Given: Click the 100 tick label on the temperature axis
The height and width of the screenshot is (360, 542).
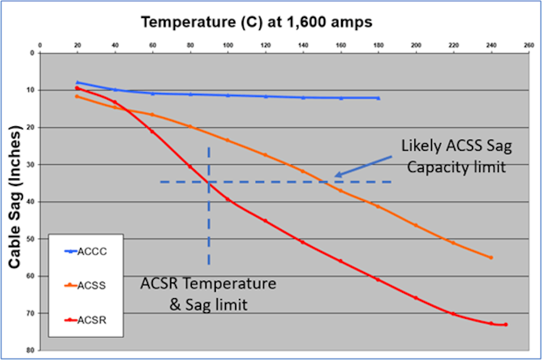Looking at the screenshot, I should pyautogui.click(x=228, y=46).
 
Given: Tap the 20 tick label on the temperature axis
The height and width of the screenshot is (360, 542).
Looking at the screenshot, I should pyautogui.click(x=77, y=46).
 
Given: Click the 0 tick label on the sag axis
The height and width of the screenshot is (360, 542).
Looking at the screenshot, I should pyautogui.click(x=33, y=53).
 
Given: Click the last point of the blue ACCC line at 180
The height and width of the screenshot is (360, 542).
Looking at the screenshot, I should pyautogui.click(x=378, y=98).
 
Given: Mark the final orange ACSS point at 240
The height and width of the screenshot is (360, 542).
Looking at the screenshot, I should pyautogui.click(x=491, y=258).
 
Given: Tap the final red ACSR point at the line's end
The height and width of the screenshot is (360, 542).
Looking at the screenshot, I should pyautogui.click(x=506, y=325).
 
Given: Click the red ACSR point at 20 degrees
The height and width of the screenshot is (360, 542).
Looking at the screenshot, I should pyautogui.click(x=77, y=88).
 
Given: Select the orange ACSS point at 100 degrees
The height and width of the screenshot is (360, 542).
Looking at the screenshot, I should pyautogui.click(x=228, y=140).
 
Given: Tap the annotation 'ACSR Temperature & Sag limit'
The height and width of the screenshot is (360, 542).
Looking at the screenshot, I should pyautogui.click(x=209, y=294).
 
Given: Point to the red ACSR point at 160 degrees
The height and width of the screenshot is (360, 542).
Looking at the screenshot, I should pyautogui.click(x=341, y=261).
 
